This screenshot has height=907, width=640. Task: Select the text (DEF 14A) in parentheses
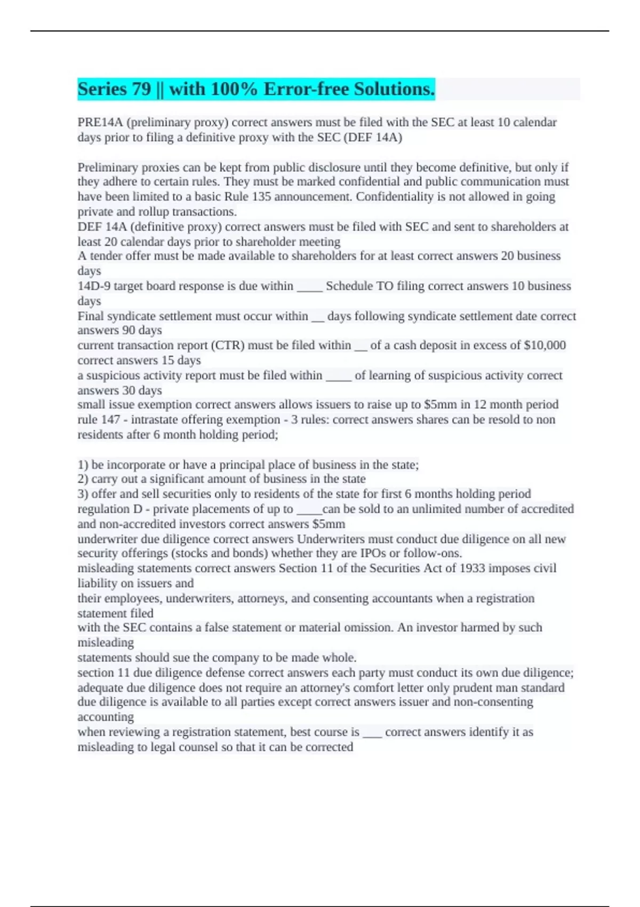coord(373,137)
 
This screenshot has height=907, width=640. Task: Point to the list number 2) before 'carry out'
coord(83,479)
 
